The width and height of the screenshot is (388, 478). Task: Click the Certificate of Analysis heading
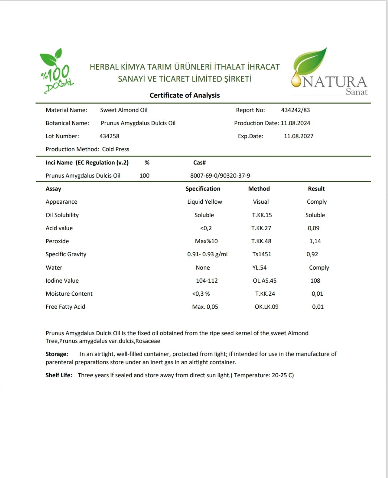pos(185,95)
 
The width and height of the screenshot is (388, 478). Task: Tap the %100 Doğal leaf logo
pos(56,71)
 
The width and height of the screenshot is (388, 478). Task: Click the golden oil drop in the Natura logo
pos(296,80)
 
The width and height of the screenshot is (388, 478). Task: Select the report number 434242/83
pos(295,110)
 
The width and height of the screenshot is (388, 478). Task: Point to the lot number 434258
pos(109,136)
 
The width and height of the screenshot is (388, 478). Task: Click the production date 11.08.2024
pos(295,123)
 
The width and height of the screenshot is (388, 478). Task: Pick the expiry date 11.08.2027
pos(299,136)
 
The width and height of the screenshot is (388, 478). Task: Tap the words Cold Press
pos(115,149)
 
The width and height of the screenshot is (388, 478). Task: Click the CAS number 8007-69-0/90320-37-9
pos(220,176)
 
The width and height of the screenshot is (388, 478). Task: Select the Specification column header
pos(203,189)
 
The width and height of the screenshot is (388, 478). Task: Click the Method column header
pos(259,189)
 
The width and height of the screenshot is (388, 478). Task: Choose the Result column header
pos(316,189)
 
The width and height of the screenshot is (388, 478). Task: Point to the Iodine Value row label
pos(62,281)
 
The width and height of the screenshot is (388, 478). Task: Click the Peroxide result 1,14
pos(315,241)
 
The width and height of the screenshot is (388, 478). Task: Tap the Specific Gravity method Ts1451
pos(262,254)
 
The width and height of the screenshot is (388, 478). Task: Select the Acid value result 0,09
pos(313,228)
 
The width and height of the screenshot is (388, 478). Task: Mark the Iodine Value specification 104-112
pos(207,281)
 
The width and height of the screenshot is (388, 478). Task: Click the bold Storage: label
pos(57,354)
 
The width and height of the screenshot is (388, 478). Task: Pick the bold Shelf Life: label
pos(59,375)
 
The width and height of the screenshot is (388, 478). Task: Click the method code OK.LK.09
pos(266,307)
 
